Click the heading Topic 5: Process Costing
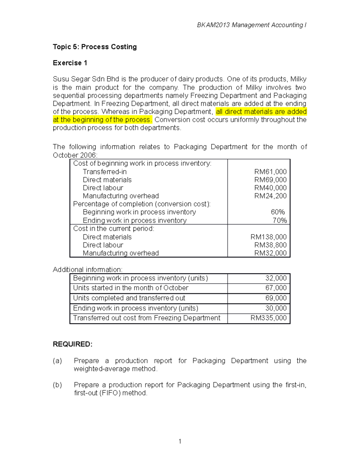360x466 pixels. [95, 47]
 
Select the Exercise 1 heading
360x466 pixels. [70, 63]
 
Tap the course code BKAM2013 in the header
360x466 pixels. [213, 25]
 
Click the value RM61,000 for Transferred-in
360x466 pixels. [270, 172]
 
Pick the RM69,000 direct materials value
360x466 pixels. [270, 180]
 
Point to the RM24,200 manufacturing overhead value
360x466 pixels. [270, 196]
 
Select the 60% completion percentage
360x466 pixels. [277, 212]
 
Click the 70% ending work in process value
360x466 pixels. [279, 221]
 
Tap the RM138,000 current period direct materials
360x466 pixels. [268, 237]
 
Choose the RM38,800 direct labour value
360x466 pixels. [270, 245]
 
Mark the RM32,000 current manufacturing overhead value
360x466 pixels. [270, 253]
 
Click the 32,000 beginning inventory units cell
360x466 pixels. [276, 278]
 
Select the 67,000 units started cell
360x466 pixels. [276, 288]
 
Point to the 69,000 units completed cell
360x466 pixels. [276, 298]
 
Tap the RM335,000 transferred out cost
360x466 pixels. [268, 318]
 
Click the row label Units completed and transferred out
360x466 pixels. [129, 298]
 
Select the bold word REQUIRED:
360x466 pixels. [73, 344]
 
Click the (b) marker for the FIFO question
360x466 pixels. [57, 385]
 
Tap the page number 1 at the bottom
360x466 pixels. [180, 441]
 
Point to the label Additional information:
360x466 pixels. [88, 269]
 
